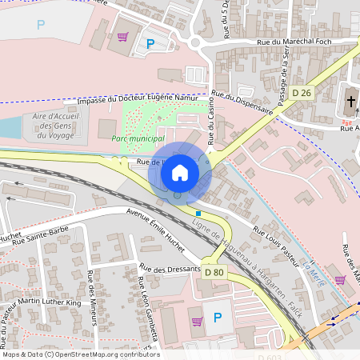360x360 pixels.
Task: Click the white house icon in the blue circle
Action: (x=180, y=172)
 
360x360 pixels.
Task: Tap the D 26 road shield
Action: (x=302, y=93)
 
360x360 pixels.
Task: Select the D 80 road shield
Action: (x=214, y=272)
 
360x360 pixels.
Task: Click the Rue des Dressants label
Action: (x=169, y=269)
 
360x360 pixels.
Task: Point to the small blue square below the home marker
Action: (x=198, y=213)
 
